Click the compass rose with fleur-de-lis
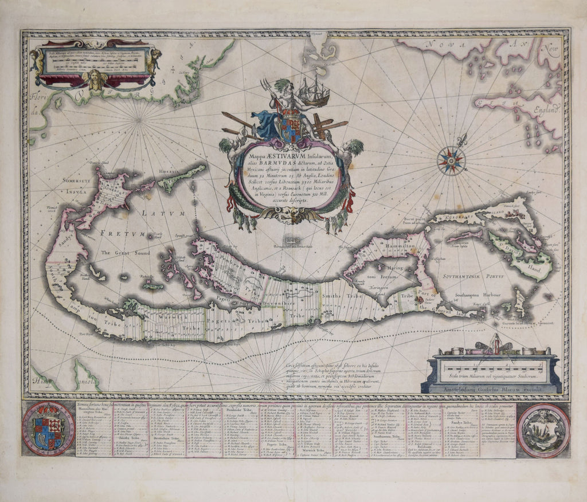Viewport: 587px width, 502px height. click(x=451, y=160)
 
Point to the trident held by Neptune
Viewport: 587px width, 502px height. click(x=267, y=92)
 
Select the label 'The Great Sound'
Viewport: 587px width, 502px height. click(x=126, y=253)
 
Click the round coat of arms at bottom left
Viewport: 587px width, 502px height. click(x=48, y=429)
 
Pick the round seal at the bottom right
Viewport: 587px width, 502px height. click(x=542, y=430)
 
